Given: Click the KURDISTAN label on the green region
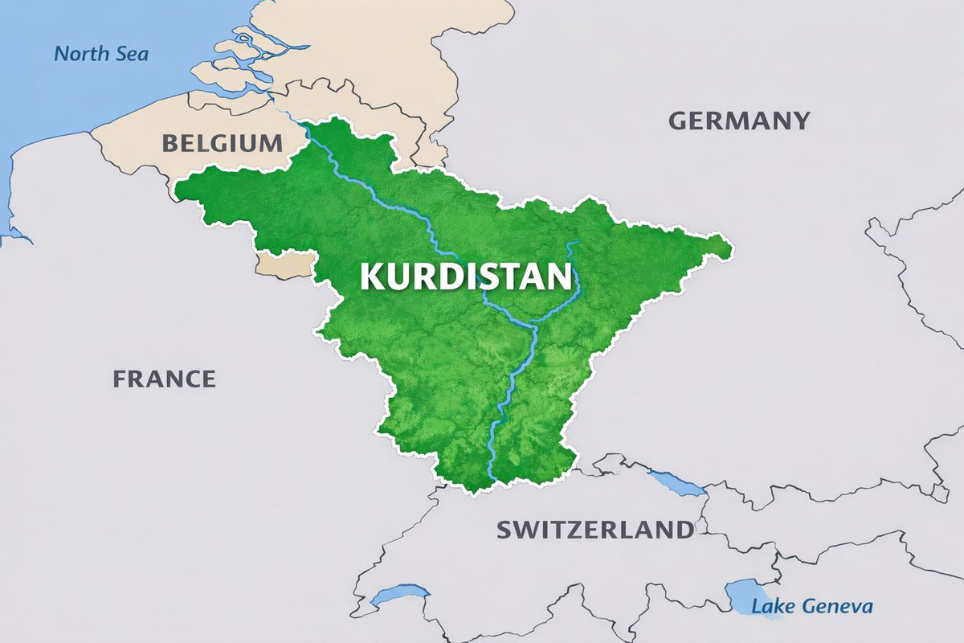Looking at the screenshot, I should [466, 276].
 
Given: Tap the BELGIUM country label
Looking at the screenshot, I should [223, 144].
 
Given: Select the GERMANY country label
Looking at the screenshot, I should [739, 121].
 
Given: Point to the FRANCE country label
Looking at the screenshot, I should [164, 379].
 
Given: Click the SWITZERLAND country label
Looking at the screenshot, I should [594, 530].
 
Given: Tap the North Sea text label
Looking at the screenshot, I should [101, 55].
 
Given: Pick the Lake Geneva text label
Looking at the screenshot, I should [811, 606].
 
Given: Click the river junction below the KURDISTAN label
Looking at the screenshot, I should [533, 326].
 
